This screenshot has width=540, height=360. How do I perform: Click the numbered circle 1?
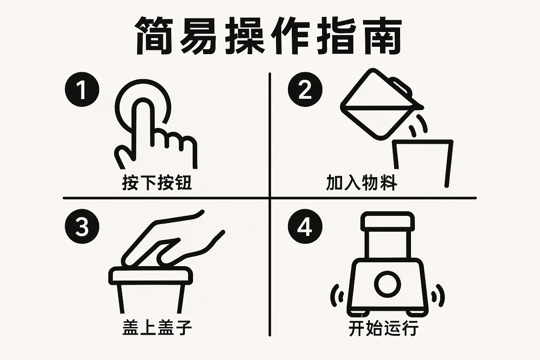(82, 89)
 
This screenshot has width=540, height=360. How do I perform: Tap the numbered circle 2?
(305, 89)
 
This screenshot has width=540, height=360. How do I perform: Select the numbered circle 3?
(82, 226)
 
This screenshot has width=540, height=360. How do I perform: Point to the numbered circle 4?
(305, 226)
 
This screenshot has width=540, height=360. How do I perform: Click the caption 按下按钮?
(157, 182)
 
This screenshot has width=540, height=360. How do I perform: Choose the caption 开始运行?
(384, 328)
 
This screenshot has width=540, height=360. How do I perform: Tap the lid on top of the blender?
(387, 221)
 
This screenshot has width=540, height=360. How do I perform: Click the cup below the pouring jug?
(423, 163)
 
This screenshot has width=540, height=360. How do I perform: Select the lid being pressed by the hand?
(150, 276)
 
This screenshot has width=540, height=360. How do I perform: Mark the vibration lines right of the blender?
(438, 296)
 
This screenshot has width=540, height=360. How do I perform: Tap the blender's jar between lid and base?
(387, 244)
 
